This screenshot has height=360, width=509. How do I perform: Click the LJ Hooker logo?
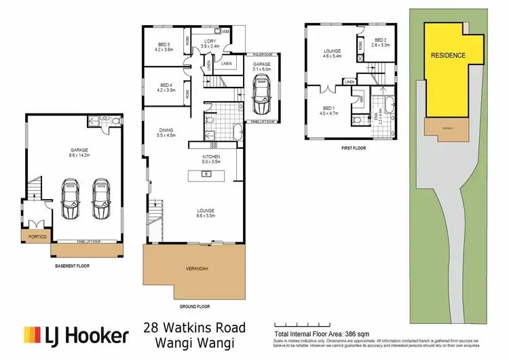[76, 335]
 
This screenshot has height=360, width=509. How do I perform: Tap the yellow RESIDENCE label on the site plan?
[448, 55]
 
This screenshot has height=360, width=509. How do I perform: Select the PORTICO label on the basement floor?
[36, 237]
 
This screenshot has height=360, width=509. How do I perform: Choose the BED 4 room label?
[163, 86]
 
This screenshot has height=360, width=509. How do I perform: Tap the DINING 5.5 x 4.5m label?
[167, 132]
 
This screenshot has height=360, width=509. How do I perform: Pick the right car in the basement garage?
[101, 200]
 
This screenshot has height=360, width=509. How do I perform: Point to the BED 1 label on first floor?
[327, 111]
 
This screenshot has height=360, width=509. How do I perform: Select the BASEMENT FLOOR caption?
[72, 266]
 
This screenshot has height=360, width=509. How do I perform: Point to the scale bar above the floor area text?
[298, 323]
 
